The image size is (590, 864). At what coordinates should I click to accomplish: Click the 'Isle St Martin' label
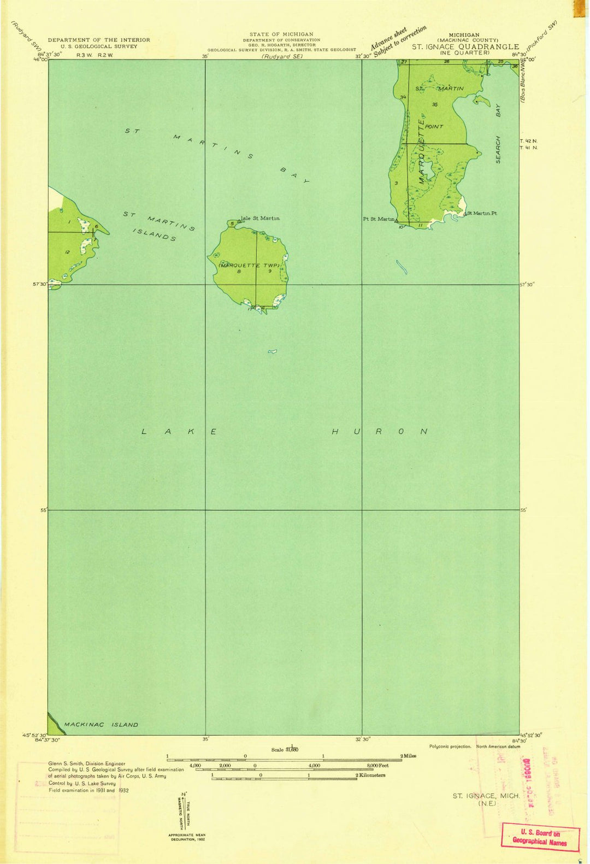tap(261, 219)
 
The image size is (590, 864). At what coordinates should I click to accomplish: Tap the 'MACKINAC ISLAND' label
tap(101, 725)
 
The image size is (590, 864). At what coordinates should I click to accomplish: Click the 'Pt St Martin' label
tap(379, 219)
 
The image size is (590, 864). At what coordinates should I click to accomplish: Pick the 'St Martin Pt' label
tap(481, 213)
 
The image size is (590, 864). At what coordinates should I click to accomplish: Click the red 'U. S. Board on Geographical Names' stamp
tap(540, 838)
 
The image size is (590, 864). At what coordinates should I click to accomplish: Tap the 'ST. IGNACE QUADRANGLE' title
tap(465, 47)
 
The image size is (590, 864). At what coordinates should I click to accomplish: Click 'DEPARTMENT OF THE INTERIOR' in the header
tap(99, 40)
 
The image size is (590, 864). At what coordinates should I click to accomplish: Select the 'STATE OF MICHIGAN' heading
tap(281, 34)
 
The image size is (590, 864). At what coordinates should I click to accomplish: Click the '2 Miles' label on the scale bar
tap(408, 756)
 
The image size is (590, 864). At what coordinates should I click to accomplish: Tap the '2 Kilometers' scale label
tap(370, 775)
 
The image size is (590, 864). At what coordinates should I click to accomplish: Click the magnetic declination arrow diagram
tap(184, 809)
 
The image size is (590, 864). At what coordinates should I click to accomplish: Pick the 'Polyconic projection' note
tap(450, 747)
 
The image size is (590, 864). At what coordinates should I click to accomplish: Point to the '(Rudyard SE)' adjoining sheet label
tap(282, 56)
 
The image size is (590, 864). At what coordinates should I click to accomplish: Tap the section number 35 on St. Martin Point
tap(435, 104)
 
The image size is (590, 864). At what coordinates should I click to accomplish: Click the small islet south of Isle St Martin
tap(272, 351)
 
